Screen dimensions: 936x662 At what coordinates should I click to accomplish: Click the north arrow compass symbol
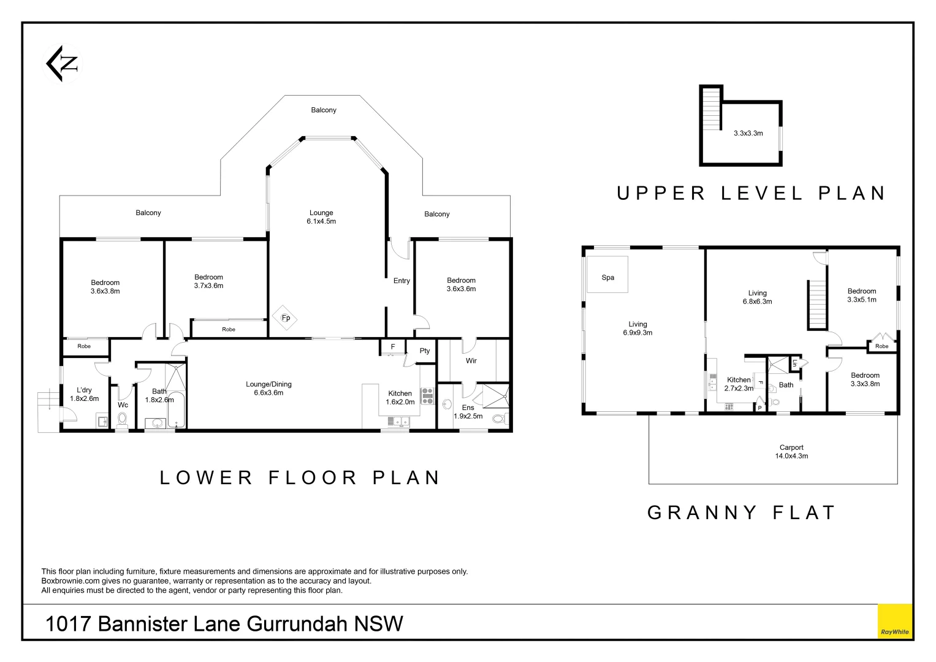click(x=63, y=64)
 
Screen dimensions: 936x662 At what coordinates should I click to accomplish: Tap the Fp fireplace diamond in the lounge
click(x=286, y=318)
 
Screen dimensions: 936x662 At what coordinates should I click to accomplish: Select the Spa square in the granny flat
click(x=607, y=275)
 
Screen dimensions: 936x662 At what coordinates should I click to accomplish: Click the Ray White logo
click(x=895, y=621)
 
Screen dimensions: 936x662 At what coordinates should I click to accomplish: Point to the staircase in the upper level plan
click(x=712, y=108)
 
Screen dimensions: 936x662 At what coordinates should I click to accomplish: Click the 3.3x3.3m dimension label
click(x=748, y=134)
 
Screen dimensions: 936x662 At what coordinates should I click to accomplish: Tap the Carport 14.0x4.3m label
click(x=791, y=452)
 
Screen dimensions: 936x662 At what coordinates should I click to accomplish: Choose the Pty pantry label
click(x=425, y=351)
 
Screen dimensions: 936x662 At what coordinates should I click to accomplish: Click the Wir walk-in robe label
click(x=471, y=360)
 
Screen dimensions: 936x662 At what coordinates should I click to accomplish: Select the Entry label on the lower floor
click(x=401, y=281)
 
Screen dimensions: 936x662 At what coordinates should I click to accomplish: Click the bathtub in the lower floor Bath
click(x=176, y=409)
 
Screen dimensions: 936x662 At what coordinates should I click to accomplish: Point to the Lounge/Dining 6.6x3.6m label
click(x=268, y=388)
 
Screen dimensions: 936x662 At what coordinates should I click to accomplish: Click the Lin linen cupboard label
click(x=794, y=363)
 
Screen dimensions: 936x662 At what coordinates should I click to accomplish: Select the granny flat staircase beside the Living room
click(x=818, y=304)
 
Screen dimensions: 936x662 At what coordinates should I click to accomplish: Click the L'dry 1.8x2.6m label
click(x=85, y=394)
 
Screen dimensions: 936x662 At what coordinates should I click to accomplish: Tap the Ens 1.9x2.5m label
click(x=468, y=412)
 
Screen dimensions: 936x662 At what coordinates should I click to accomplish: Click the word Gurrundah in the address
click(x=297, y=624)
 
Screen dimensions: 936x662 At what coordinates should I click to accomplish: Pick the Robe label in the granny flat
click(x=881, y=346)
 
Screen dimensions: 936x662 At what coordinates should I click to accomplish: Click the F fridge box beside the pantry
click(x=392, y=347)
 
